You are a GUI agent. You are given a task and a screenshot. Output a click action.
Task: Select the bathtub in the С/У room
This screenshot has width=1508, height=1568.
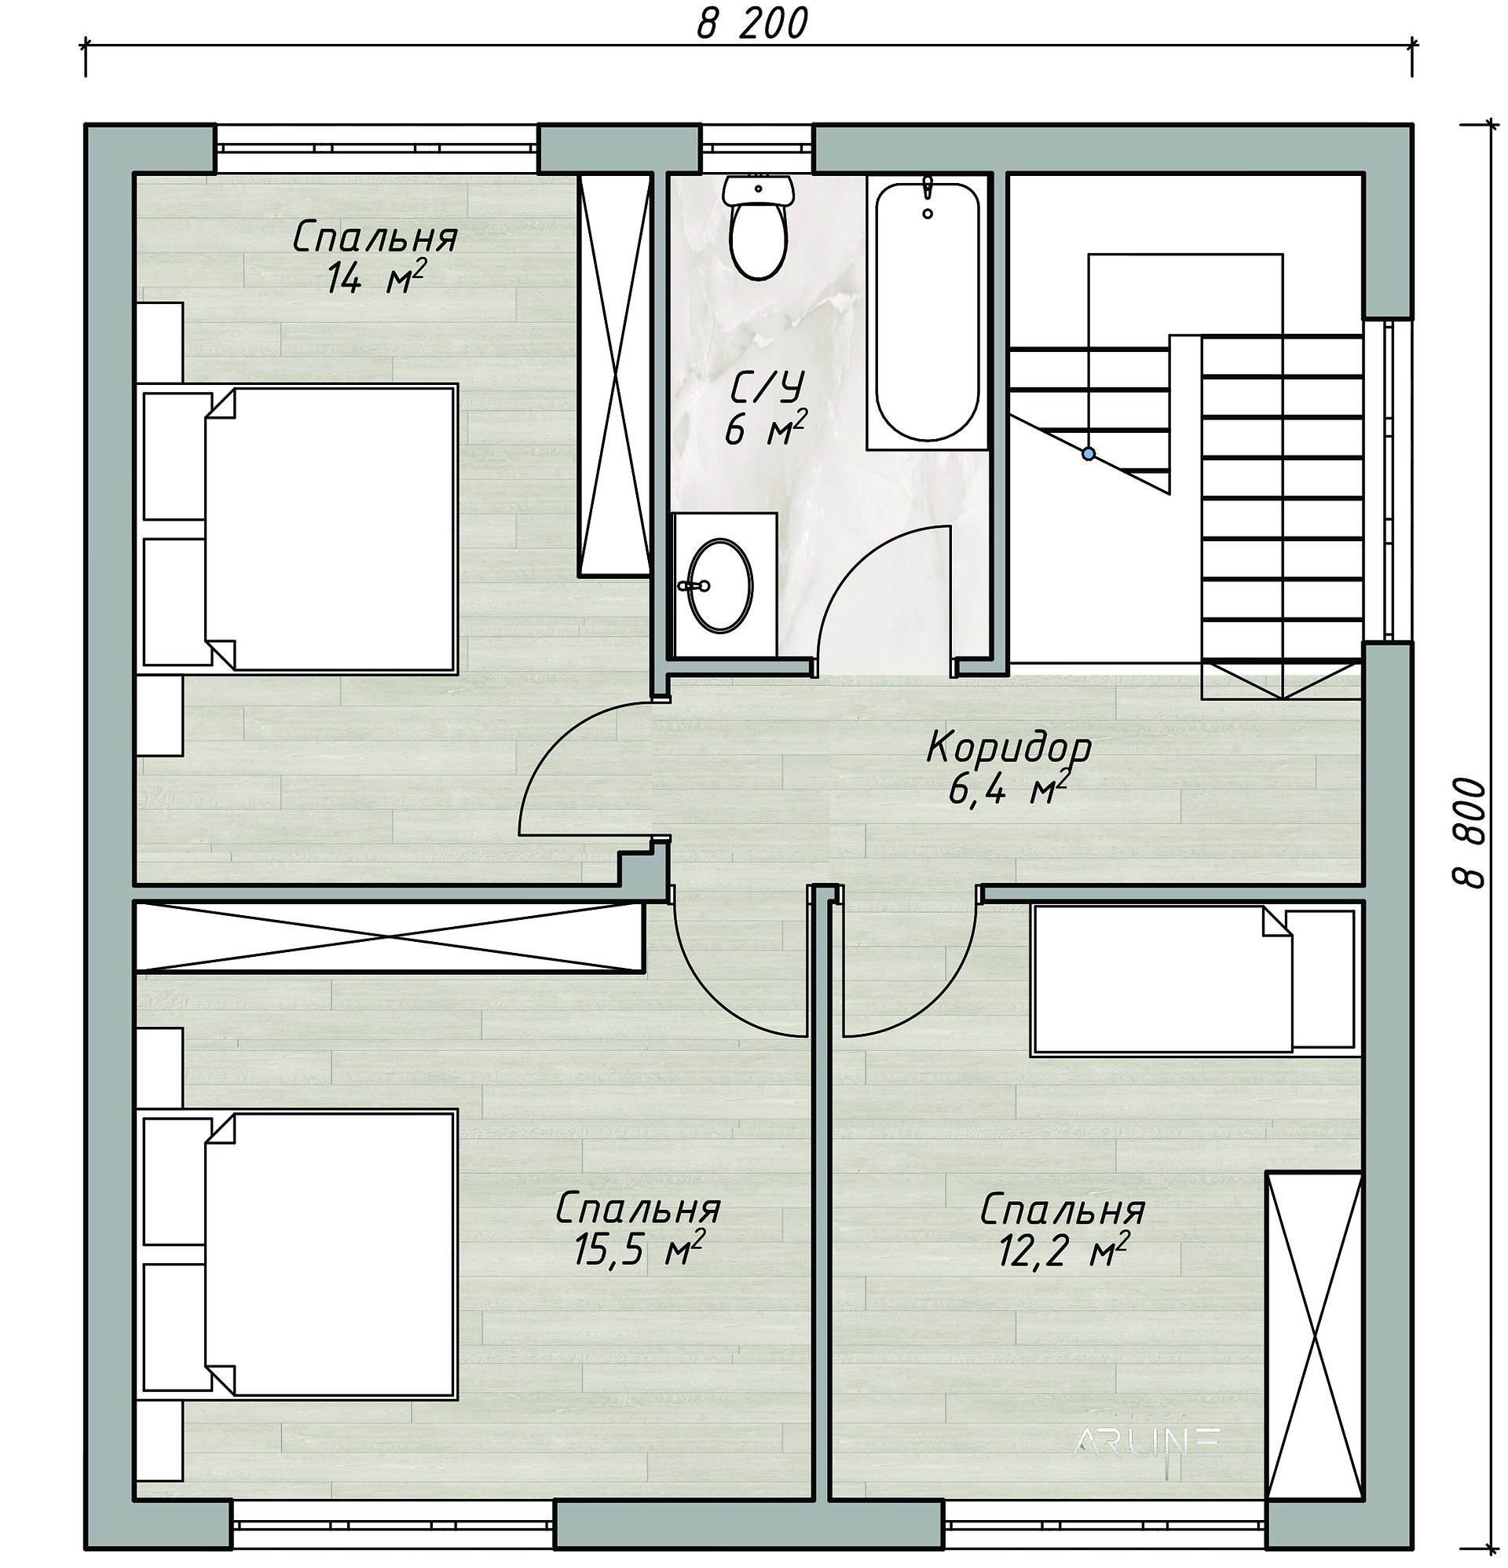(928, 310)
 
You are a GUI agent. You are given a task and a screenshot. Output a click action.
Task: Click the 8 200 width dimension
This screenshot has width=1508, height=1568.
(752, 24)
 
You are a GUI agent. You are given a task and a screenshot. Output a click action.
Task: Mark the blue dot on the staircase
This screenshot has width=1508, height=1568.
(1088, 453)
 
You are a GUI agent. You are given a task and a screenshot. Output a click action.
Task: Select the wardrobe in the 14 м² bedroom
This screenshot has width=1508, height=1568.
(613, 375)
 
